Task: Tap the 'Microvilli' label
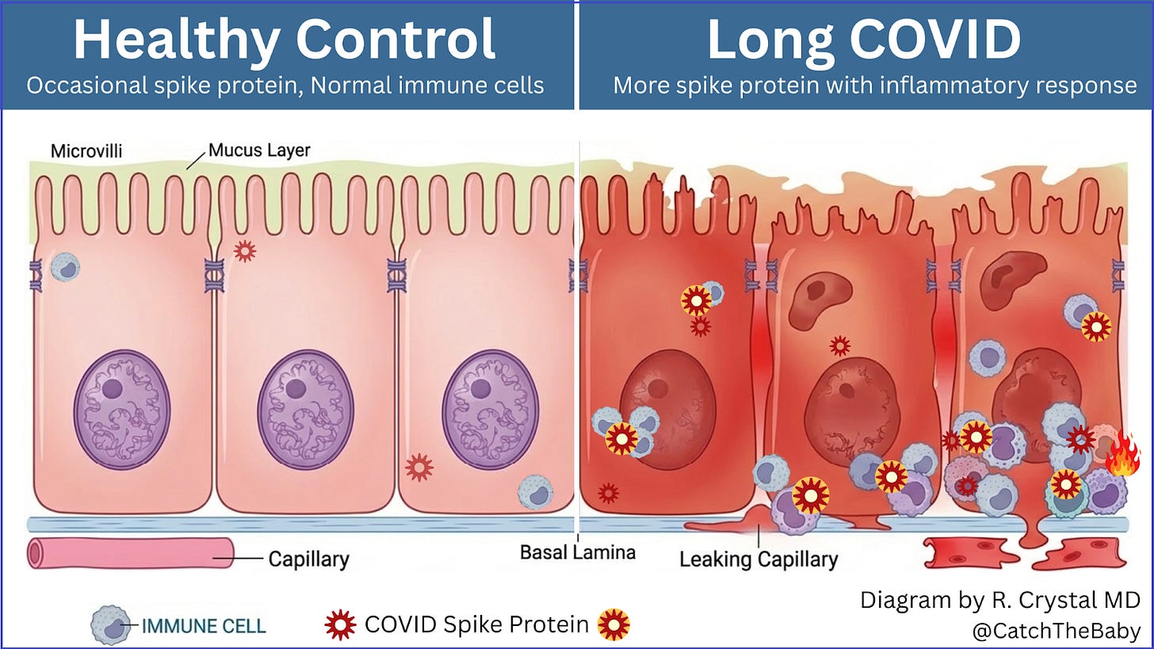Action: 86,151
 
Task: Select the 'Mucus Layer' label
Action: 258,150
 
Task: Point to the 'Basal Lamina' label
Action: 577,552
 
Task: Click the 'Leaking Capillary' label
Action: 758,559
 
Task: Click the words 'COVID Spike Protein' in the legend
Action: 476,624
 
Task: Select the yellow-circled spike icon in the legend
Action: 613,624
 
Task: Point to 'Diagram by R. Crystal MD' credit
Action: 1000,600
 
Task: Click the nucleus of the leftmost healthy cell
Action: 122,410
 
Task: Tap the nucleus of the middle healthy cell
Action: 306,410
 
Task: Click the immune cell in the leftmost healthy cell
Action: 65,267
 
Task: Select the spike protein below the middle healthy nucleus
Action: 418,468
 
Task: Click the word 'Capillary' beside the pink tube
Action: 308,559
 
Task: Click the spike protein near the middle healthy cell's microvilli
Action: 245,251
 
